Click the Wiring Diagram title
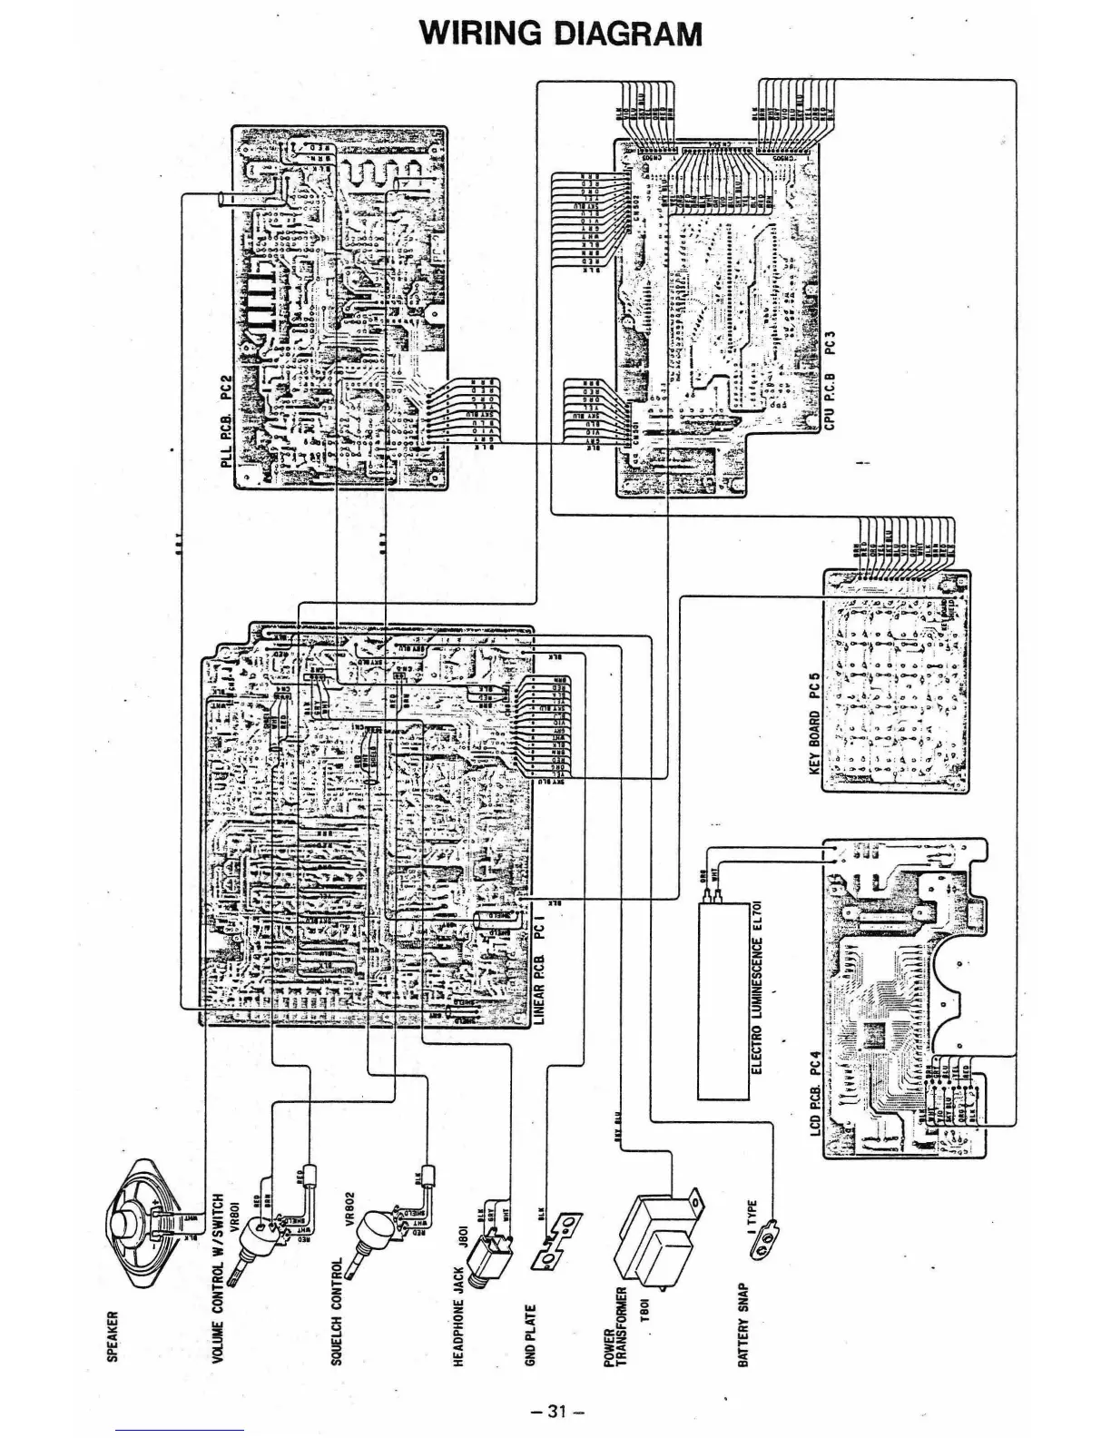[x=560, y=34]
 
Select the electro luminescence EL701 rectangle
[x=723, y=999]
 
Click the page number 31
[x=555, y=1385]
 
